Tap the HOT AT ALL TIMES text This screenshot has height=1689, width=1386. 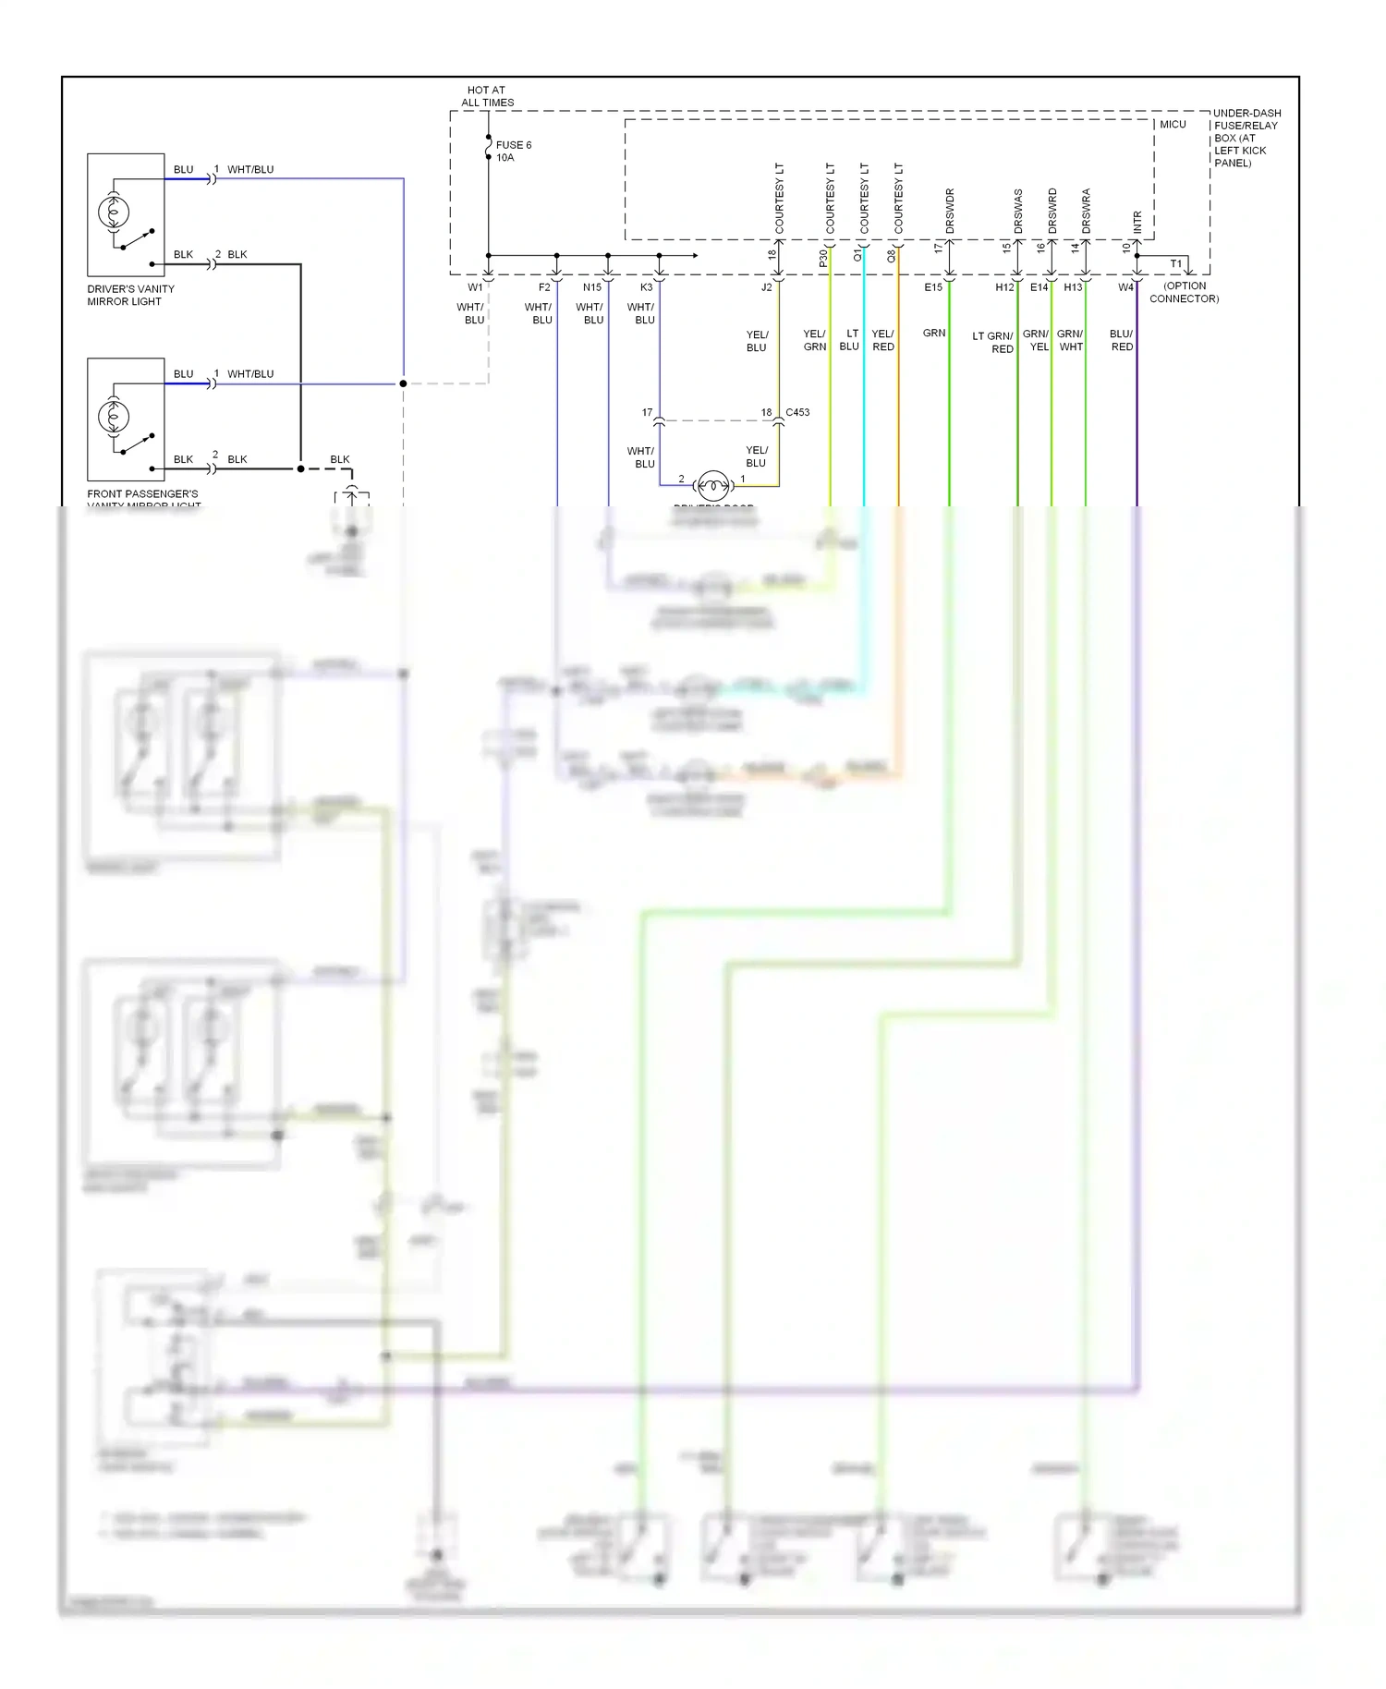point(487,96)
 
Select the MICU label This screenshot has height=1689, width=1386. point(1173,124)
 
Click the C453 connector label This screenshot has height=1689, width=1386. point(797,412)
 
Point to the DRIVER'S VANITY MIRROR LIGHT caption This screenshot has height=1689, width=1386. point(130,295)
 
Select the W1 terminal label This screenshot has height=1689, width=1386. point(475,287)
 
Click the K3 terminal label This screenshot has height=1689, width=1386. point(647,287)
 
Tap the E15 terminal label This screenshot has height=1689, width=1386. point(933,287)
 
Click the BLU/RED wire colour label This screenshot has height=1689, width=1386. point(1121,340)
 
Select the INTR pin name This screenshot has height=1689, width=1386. point(1137,222)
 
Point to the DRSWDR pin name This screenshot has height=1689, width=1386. point(950,211)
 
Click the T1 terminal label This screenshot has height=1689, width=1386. point(1175,264)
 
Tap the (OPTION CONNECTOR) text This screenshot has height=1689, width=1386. point(1184,292)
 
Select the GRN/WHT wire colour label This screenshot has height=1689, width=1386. point(1070,340)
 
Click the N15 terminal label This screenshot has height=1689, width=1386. point(592,287)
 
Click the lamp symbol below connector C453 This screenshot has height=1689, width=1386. point(713,484)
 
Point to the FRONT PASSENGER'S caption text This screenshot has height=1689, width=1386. point(142,493)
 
